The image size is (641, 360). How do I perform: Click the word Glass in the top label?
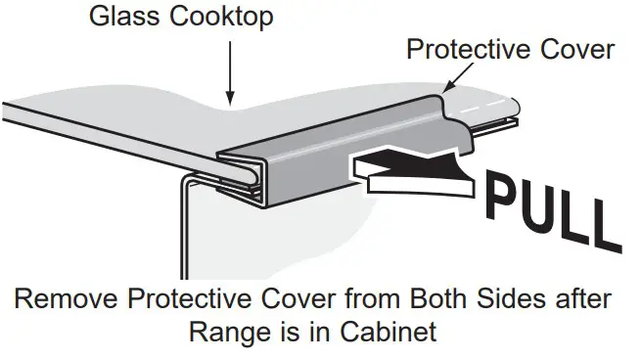(x=115, y=17)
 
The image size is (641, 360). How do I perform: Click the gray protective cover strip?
(x=294, y=166)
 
